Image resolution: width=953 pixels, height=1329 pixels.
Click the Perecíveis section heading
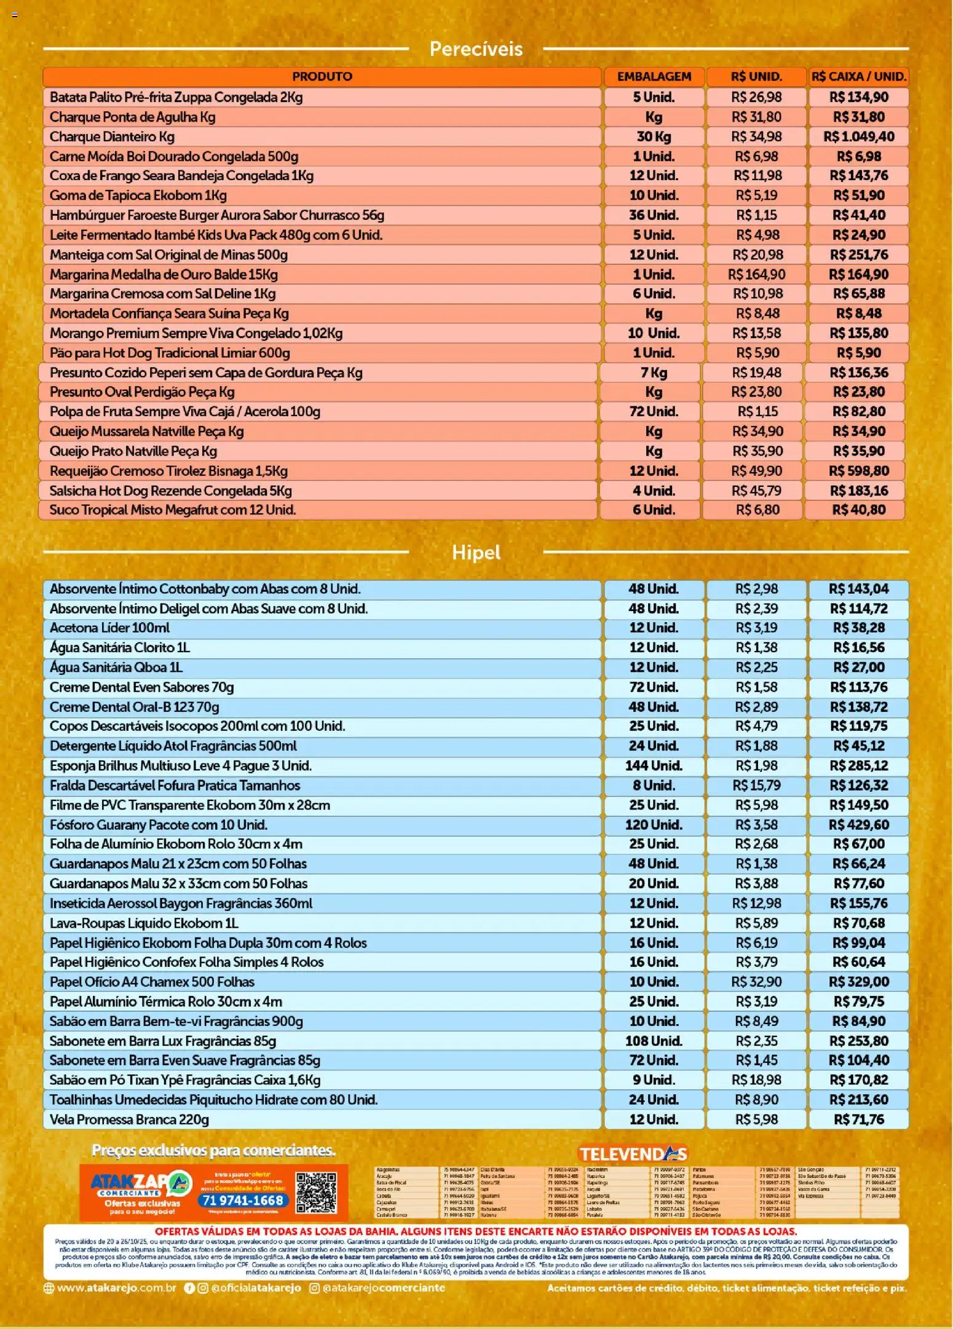[x=476, y=49]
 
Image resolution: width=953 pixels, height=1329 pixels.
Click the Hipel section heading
[x=476, y=552]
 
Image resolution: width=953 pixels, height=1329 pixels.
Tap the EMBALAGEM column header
[x=654, y=77]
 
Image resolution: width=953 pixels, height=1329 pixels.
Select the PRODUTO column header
[x=322, y=77]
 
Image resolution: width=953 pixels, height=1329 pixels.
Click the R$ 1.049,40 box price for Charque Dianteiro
[x=858, y=136]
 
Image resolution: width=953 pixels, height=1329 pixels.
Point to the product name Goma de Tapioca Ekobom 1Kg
[x=138, y=195]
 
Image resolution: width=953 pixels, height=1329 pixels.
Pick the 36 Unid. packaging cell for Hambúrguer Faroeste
[x=654, y=215]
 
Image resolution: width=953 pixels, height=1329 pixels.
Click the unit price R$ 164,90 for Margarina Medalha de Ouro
[x=756, y=274]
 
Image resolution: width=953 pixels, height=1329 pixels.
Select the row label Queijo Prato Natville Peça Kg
[x=133, y=451]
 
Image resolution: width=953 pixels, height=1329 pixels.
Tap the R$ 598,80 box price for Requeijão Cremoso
[x=858, y=471]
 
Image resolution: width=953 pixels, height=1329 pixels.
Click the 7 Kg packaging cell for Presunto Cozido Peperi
[x=654, y=373]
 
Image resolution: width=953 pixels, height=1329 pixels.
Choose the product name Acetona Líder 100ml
[x=109, y=628]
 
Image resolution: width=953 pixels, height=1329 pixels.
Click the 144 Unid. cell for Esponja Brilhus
[x=654, y=765]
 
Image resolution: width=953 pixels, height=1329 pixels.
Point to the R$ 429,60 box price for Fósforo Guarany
[x=858, y=824]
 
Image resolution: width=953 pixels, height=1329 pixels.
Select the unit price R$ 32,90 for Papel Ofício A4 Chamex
[x=756, y=982]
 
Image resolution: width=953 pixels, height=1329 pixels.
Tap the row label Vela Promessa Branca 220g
[x=129, y=1119]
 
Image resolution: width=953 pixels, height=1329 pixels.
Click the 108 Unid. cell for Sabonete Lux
[x=654, y=1041]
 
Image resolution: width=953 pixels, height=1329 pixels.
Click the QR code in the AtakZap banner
[x=316, y=1193]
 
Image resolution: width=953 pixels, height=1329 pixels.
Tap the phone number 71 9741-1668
[x=242, y=1201]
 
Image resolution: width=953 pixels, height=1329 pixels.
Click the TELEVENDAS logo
[x=633, y=1154]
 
